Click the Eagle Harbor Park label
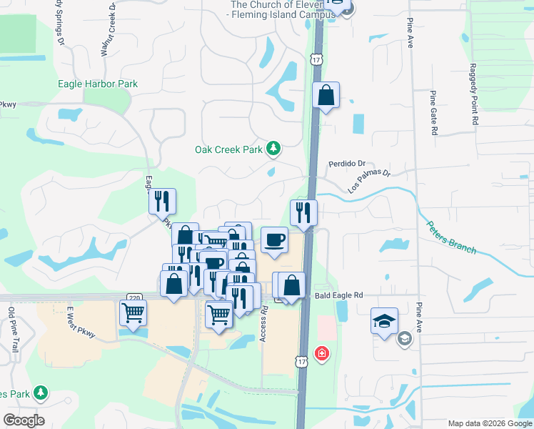[97, 84]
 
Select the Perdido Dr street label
[347, 163]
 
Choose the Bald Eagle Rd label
[339, 295]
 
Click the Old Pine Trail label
[12, 330]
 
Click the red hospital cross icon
[322, 353]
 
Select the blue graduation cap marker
[384, 322]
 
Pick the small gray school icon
[404, 338]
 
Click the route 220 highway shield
[133, 297]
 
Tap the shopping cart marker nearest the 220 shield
[133, 313]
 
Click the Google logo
[24, 420]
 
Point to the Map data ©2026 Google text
[489, 423]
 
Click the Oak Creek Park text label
[229, 149]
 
